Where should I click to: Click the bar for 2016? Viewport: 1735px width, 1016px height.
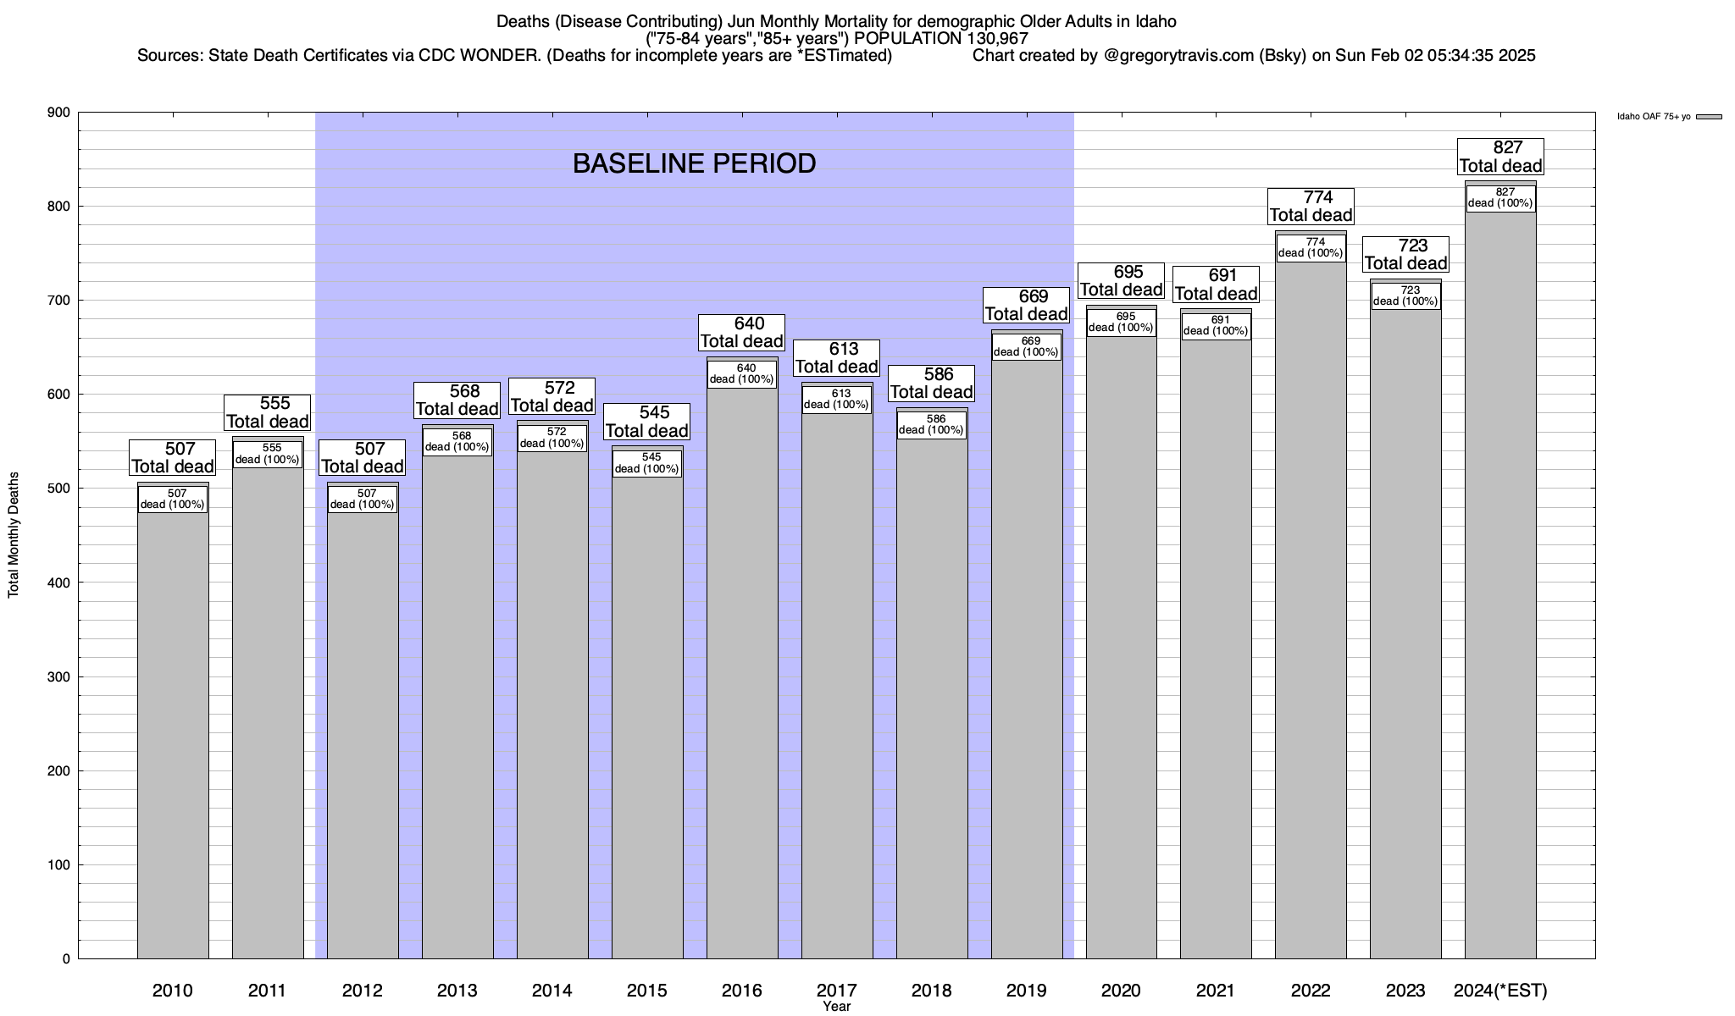pyautogui.click(x=742, y=669)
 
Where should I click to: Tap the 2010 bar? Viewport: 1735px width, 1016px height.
pyautogui.click(x=173, y=728)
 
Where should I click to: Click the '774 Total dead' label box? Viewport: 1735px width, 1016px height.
pyautogui.click(x=1311, y=207)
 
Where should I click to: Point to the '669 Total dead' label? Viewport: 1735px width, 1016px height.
pyautogui.click(x=1027, y=306)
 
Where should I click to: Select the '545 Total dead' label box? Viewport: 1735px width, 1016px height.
pyautogui.click(x=647, y=422)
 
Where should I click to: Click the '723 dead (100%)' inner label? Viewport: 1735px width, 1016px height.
pyautogui.click(x=1406, y=295)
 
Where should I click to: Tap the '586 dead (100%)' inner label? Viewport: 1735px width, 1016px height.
pyautogui.click(x=932, y=424)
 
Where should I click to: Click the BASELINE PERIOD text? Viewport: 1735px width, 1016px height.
pyautogui.click(x=694, y=163)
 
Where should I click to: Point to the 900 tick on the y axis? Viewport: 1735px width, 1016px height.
pyautogui.click(x=59, y=113)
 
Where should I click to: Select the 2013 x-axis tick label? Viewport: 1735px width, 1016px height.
pyautogui.click(x=457, y=991)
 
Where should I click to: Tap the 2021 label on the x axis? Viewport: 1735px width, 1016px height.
pyautogui.click(x=1216, y=991)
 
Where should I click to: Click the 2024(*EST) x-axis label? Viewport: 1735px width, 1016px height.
pyautogui.click(x=1500, y=991)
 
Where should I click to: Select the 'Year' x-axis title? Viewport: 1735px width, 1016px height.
pyautogui.click(x=836, y=1007)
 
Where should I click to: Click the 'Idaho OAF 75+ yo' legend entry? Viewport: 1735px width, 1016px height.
pyautogui.click(x=1654, y=117)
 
